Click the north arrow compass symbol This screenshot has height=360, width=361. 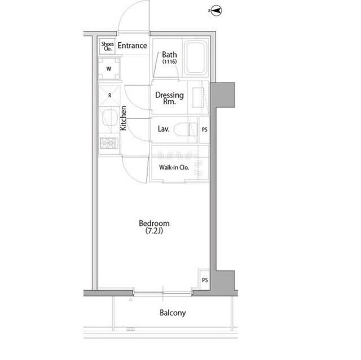[216, 11]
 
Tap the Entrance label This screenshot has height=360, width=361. [133, 46]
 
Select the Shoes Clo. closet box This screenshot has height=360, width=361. [107, 46]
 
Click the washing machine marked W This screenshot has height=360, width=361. [109, 69]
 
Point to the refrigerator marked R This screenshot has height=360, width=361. [109, 95]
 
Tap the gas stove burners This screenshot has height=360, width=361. [109, 143]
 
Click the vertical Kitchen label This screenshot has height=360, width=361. [124, 118]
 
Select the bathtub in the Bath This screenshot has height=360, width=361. [196, 57]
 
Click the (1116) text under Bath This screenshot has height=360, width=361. [169, 61]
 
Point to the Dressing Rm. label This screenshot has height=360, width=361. [169, 98]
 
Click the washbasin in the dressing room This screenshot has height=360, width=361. [198, 97]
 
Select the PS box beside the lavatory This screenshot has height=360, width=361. [204, 130]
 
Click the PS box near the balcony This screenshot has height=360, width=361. [204, 280]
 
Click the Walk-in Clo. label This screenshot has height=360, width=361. [174, 167]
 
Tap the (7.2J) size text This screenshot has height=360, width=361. [154, 230]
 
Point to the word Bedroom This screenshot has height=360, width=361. [154, 223]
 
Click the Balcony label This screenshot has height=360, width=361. [173, 313]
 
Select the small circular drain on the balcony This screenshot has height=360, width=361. [130, 300]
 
